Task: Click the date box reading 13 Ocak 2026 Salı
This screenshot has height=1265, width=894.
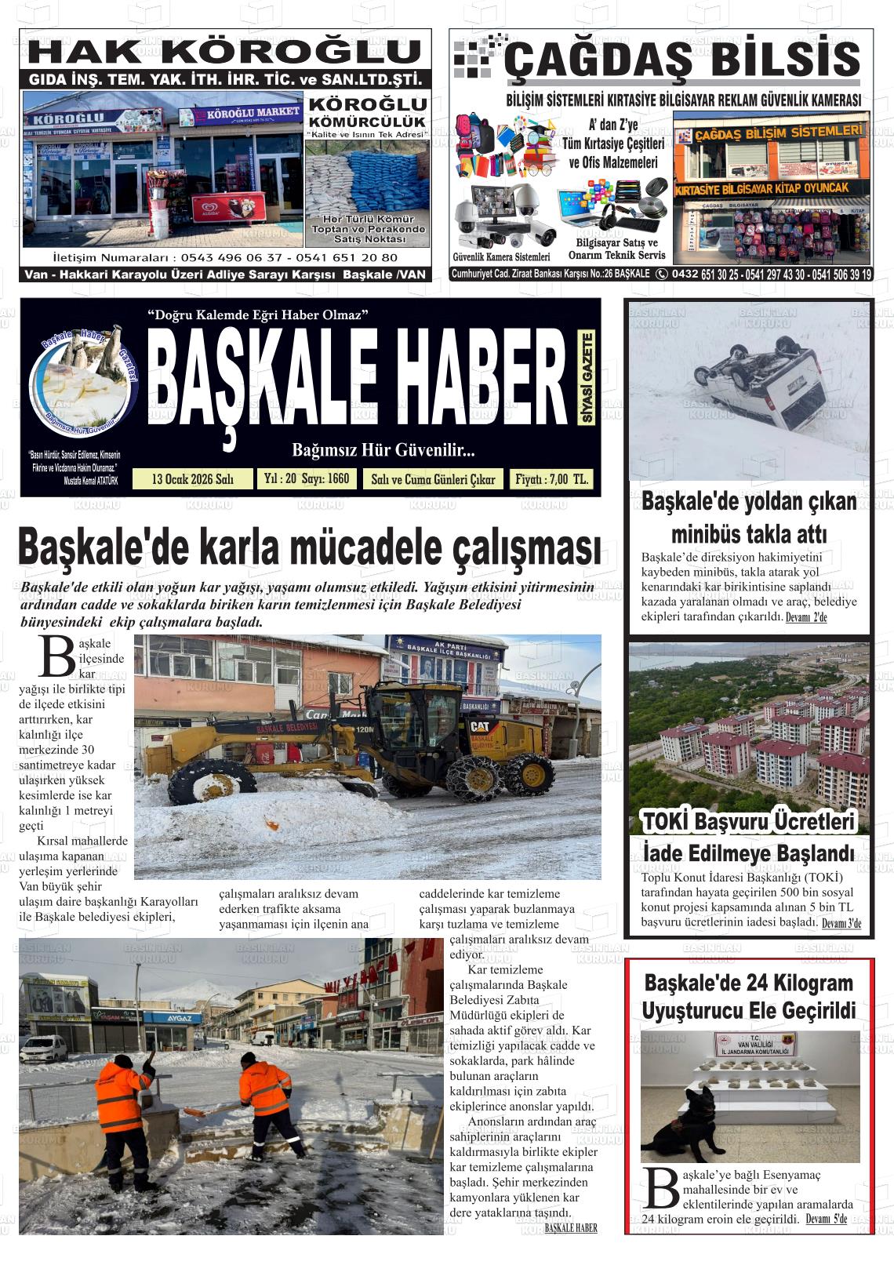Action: point(193,479)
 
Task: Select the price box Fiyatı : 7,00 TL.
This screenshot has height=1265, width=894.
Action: point(551,479)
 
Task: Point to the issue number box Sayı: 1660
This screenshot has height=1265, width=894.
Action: point(307,478)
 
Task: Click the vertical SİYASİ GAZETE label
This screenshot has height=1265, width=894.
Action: point(587,378)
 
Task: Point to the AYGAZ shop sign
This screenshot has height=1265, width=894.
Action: point(179,1018)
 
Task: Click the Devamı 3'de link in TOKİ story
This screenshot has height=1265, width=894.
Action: point(841,923)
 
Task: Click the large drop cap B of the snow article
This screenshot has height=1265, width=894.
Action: point(57,656)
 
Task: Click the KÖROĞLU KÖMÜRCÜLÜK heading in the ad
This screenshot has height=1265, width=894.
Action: point(367,112)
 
